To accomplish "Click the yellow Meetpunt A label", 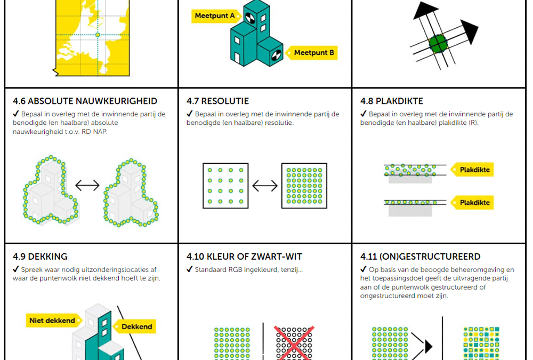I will pyautogui.click(x=214, y=16).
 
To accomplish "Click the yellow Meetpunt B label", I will pyautogui.click(x=314, y=53).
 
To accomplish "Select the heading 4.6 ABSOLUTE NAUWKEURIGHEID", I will pyautogui.click(x=85, y=101).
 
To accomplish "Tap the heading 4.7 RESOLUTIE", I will pyautogui.click(x=217, y=101).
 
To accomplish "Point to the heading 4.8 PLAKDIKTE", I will pyautogui.click(x=391, y=101).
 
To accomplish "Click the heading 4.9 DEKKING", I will pyautogui.click(x=40, y=257).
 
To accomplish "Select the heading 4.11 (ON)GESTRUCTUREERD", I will pyautogui.click(x=420, y=257).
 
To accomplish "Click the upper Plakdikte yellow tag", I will pyautogui.click(x=473, y=170).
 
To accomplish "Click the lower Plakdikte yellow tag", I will pyautogui.click(x=473, y=203).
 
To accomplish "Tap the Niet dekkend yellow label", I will pyautogui.click(x=52, y=321).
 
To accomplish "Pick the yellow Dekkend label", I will pyautogui.click(x=136, y=326).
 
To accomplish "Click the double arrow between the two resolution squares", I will pyautogui.click(x=265, y=186).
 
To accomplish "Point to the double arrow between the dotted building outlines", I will pyautogui.click(x=87, y=186).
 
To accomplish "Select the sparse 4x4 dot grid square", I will pyautogui.click(x=225, y=186).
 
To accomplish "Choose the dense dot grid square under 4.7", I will pyautogui.click(x=304, y=186).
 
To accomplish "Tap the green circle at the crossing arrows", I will pyautogui.click(x=437, y=43).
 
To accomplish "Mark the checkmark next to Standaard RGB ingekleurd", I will pyautogui.click(x=190, y=269).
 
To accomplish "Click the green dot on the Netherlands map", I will pyautogui.click(x=98, y=35).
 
